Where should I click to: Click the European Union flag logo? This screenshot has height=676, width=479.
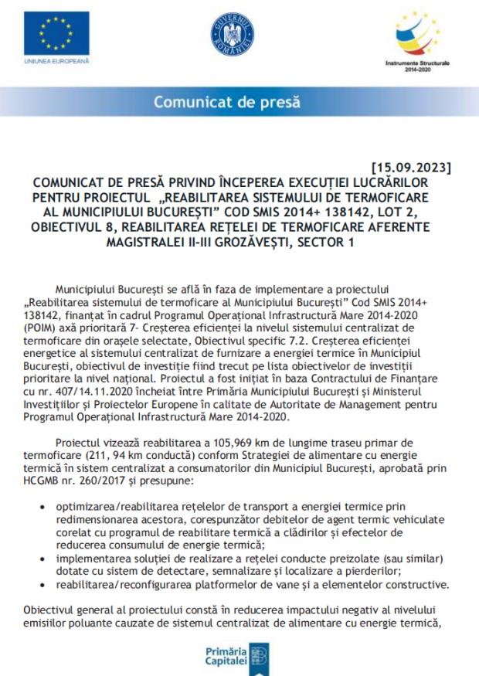pyautogui.click(x=56, y=33)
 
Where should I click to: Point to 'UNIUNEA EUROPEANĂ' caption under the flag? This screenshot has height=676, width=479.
pyautogui.click(x=56, y=59)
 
